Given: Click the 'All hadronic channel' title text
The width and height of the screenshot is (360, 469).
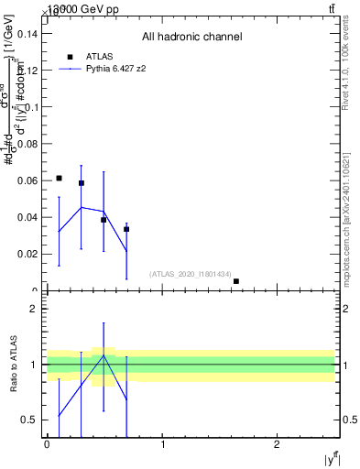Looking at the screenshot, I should [x=191, y=38].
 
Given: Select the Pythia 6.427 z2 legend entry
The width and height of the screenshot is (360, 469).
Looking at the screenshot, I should [x=115, y=68].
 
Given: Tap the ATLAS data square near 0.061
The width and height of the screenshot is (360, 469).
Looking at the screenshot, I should [x=59, y=178].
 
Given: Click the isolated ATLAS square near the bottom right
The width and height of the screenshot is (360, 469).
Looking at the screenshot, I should [x=236, y=281].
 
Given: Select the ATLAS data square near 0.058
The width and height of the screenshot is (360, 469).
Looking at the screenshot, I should [x=82, y=183].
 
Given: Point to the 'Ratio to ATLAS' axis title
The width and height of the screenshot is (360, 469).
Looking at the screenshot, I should [x=14, y=365].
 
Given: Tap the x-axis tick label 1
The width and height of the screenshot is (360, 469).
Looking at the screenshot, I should [x=162, y=443].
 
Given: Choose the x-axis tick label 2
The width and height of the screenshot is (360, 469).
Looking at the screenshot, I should [x=278, y=443].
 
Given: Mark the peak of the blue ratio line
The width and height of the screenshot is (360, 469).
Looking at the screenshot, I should [x=104, y=355].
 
